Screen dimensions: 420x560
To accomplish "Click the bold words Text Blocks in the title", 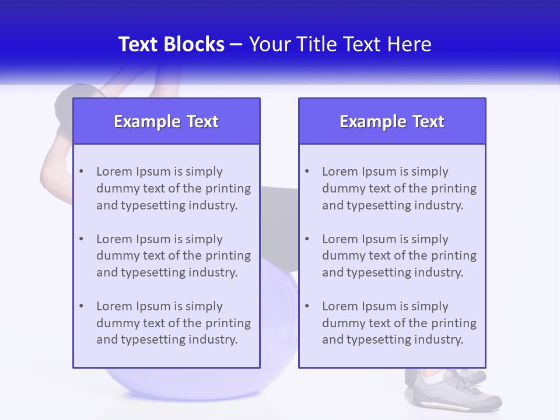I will [171, 44].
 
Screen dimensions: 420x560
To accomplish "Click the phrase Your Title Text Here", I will [340, 44].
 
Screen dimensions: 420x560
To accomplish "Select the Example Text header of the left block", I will [166, 121].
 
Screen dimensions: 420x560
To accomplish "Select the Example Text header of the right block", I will [392, 121].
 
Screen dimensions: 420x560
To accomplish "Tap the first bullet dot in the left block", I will [81, 171].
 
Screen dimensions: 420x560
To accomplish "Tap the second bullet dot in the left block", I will [81, 239].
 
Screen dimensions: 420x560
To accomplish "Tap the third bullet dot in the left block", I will [81, 306].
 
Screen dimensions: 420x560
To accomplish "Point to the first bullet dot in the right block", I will [307, 171].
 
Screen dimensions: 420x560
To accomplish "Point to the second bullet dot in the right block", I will [307, 239].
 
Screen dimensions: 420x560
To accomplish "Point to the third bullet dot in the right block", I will [307, 306].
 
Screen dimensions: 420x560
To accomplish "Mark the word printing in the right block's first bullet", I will [454, 188].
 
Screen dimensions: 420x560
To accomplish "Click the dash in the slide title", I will [237, 44].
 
